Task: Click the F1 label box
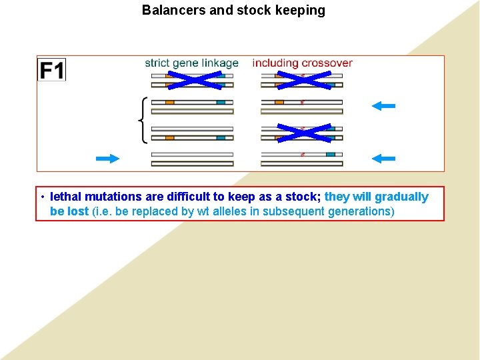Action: click(x=51, y=69)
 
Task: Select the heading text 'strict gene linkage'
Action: click(x=191, y=63)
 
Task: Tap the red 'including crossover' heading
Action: click(x=302, y=63)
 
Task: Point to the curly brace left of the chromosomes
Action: click(x=142, y=119)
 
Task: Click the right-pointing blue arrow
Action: click(x=107, y=158)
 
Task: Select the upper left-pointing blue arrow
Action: click(x=384, y=105)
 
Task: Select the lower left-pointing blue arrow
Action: click(x=384, y=158)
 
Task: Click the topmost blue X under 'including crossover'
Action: click(x=303, y=80)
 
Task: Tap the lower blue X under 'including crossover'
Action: click(x=303, y=133)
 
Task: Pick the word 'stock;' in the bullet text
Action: click(x=305, y=197)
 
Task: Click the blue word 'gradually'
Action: click(x=402, y=197)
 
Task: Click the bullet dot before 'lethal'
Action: click(x=42, y=197)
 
